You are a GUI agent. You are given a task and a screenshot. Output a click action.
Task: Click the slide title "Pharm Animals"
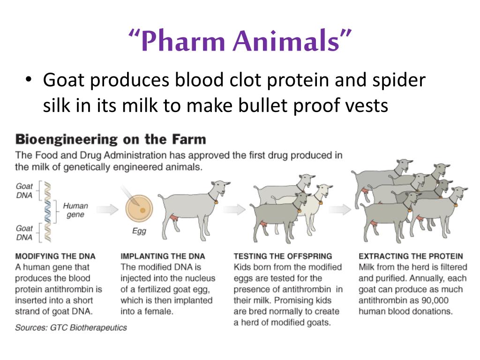click(x=240, y=41)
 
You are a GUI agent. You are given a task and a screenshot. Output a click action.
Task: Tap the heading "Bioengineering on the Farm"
click(x=111, y=139)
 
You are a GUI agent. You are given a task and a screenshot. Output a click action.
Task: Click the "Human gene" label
click(x=75, y=210)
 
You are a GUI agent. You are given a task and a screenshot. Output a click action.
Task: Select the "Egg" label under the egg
click(x=140, y=231)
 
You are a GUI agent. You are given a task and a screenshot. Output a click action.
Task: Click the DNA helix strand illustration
click(x=47, y=211)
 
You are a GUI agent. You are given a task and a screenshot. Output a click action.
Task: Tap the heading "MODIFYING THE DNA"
click(x=55, y=256)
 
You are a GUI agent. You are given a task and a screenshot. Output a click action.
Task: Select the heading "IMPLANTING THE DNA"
click(x=163, y=256)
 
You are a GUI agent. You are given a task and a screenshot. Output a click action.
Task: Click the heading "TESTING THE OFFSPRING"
click(x=283, y=256)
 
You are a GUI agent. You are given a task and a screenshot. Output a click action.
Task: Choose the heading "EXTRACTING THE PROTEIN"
click(x=411, y=256)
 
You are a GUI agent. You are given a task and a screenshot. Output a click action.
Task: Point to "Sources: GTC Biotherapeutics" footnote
click(x=71, y=327)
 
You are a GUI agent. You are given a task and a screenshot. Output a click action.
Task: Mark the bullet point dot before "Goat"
click(x=29, y=81)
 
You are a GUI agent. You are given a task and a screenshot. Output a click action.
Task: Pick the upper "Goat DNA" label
click(x=24, y=190)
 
